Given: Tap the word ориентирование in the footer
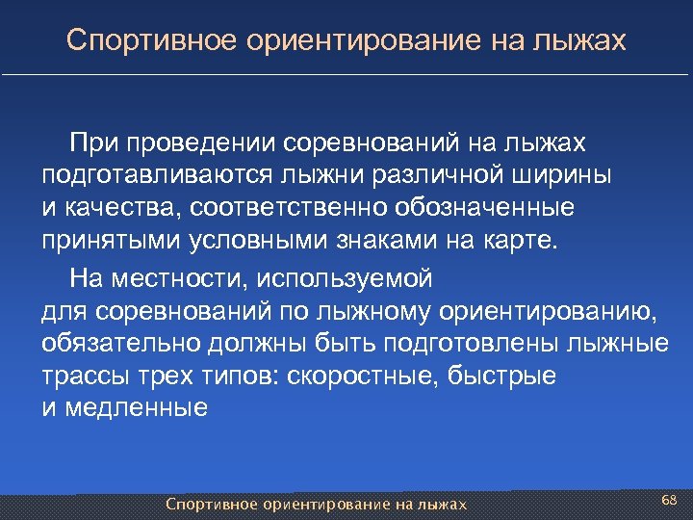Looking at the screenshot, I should (x=323, y=504).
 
